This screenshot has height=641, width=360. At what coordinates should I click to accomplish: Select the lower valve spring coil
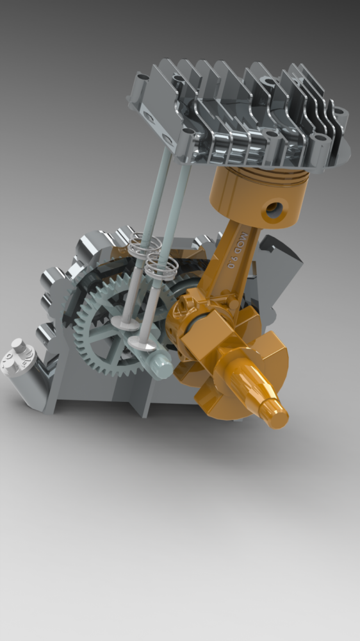[160, 263]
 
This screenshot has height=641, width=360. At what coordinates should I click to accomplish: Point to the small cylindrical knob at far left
[19, 349]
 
